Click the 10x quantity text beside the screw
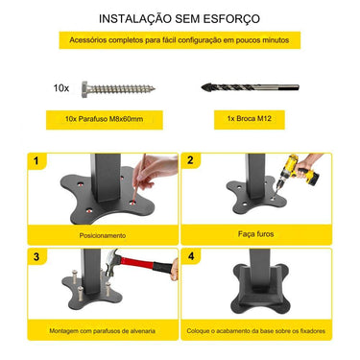point(61,87)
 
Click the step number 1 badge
point(37,161)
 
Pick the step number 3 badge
point(37,256)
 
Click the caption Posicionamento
point(103,235)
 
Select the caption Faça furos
point(256,234)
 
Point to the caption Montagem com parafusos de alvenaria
point(103,331)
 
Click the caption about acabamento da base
point(256,331)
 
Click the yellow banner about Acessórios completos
point(180,39)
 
